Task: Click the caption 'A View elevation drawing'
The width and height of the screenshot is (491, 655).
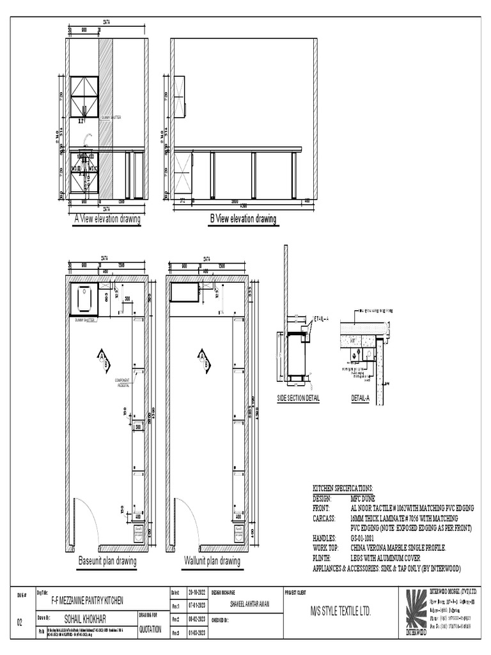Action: [x=107, y=219]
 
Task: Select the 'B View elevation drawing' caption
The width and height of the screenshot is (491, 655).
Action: [x=244, y=219]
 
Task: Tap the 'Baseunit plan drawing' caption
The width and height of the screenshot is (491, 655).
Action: [x=107, y=562]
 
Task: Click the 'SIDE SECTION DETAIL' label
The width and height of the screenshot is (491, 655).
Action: [x=298, y=398]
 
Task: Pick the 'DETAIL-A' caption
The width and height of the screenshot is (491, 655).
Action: [x=360, y=398]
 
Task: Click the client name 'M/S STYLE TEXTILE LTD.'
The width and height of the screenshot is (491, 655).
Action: [x=340, y=612]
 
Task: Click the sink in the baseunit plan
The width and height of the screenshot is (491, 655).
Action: [x=84, y=297]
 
